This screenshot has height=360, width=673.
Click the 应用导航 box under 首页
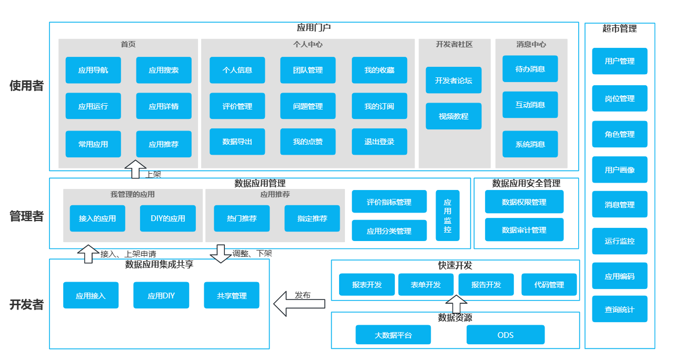point(93,70)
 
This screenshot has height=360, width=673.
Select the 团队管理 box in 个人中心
point(308,70)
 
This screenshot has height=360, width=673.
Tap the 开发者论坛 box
point(453,81)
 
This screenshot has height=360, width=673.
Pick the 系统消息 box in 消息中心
point(530,144)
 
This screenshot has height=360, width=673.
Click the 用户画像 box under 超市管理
point(619,169)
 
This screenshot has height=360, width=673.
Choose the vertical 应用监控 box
point(448,215)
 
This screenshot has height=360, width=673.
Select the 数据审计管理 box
point(524,230)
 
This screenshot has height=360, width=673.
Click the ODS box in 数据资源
point(505,335)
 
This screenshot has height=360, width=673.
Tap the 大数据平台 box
point(393,335)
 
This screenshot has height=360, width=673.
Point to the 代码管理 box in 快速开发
point(549,285)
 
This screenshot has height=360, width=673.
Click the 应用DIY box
point(161,295)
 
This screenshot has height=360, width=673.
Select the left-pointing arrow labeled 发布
point(299,304)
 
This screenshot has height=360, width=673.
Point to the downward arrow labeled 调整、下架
point(221,253)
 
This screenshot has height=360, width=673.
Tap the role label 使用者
point(26,86)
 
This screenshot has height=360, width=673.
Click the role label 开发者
point(26,305)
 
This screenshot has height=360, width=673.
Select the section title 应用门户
point(313,28)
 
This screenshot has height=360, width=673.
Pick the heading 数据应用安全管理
point(526,183)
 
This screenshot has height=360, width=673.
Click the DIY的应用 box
point(168,218)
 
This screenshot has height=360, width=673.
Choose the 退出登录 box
point(379,142)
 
